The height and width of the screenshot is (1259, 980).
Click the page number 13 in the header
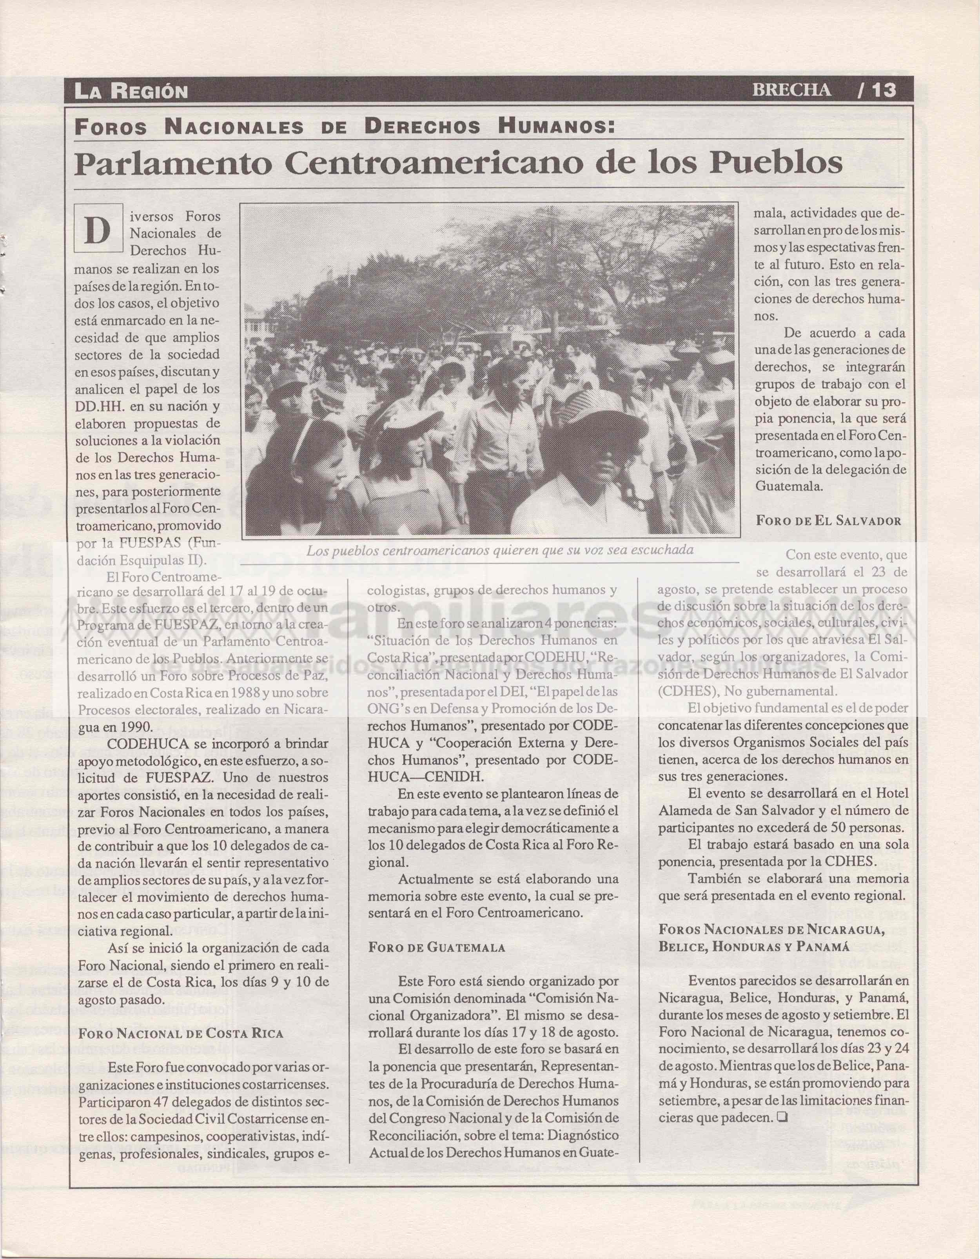point(881,91)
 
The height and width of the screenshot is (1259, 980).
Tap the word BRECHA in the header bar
point(792,91)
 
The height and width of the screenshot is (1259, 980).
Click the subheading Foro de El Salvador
point(828,521)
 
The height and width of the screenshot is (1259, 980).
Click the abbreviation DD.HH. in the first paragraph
point(98,406)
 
